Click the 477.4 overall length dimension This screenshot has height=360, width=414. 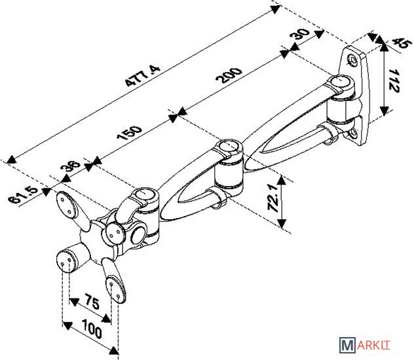143,76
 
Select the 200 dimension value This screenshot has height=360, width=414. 229,75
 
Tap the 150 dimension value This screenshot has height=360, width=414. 129,133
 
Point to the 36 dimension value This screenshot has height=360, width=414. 71,166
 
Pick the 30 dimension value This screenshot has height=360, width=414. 300,33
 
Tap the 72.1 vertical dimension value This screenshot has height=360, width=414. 273,198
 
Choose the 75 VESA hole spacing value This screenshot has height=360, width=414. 92,302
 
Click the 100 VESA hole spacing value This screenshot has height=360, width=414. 92,329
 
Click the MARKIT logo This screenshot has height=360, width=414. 364,345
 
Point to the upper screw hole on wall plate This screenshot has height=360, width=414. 352,60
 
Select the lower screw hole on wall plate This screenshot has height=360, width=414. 352,134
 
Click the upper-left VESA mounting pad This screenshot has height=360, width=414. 67,205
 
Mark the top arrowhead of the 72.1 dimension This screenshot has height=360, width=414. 282,180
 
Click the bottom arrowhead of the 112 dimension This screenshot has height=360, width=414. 385,111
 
